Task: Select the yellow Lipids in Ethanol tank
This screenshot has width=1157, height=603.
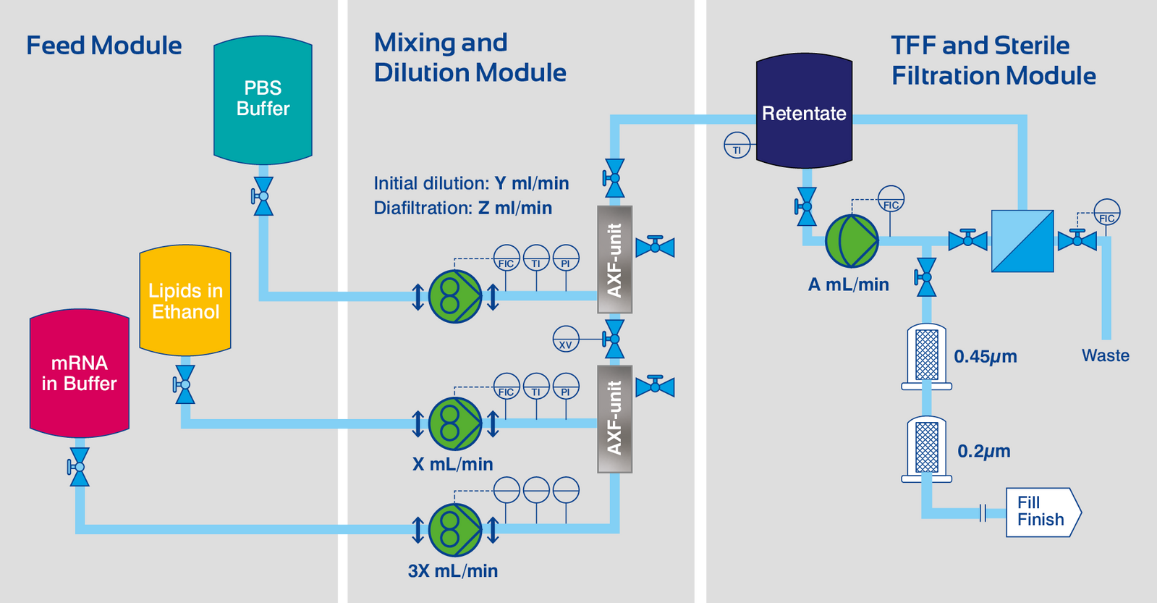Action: [185, 300]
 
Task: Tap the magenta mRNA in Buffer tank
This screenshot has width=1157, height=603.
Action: [79, 373]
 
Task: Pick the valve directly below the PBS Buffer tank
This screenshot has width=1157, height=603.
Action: [263, 196]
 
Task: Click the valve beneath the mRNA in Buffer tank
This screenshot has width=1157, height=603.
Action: [79, 467]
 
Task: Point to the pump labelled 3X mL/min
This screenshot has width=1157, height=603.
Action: [455, 530]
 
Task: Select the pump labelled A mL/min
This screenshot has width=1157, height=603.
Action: [852, 241]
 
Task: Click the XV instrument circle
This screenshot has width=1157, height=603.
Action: [566, 340]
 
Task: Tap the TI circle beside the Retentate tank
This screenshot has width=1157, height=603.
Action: [737, 146]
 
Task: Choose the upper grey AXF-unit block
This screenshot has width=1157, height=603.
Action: [614, 259]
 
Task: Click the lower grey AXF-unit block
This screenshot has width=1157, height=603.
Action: [614, 418]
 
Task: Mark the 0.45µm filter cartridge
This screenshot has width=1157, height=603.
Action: [926, 355]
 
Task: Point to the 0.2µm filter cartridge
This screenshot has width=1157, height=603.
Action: [926, 449]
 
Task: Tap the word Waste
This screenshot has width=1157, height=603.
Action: [1105, 355]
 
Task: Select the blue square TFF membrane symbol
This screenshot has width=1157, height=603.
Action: [1022, 241]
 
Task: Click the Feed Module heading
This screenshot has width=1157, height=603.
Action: [104, 46]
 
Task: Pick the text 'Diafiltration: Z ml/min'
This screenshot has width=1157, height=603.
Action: [462, 208]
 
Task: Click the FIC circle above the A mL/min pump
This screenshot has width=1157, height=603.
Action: [891, 199]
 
